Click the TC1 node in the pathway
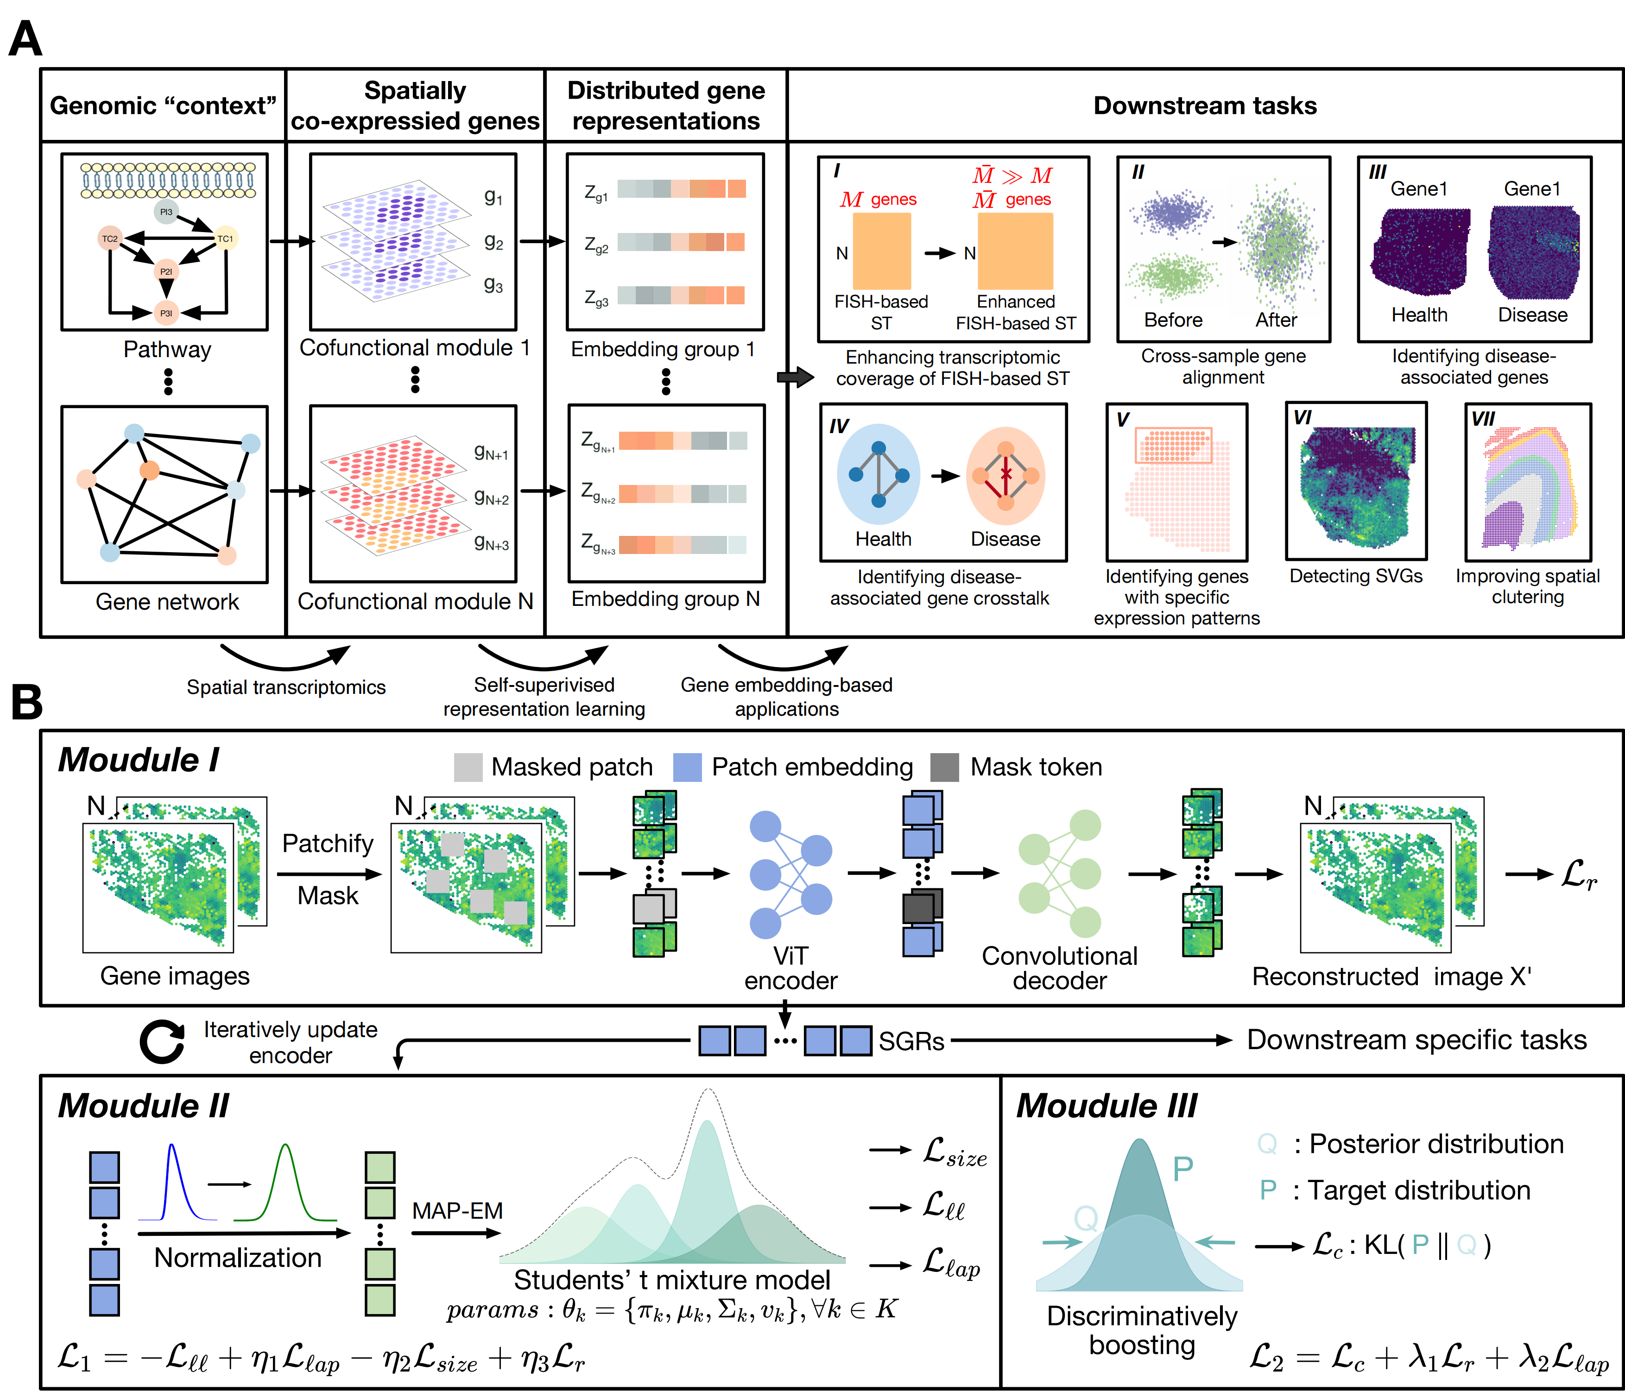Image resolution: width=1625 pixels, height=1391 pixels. point(225,239)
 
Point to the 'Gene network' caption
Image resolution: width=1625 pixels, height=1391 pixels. point(167,601)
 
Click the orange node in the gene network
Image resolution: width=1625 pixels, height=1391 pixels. point(149,471)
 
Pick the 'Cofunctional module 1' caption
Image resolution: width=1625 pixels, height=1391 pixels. point(415,347)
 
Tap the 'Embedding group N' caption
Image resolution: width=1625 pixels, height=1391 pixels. point(665,599)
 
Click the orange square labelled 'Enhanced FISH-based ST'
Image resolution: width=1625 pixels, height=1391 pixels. point(1016,252)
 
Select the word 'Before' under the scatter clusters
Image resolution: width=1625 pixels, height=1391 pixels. point(1173,320)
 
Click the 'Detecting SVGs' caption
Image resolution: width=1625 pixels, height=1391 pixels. point(1356,576)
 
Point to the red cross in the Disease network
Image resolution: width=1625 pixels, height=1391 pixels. point(1006,474)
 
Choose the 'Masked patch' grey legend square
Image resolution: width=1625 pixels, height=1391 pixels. point(468,767)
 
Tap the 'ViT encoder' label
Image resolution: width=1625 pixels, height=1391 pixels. point(790,969)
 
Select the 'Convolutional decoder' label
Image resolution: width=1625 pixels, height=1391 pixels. point(1060,969)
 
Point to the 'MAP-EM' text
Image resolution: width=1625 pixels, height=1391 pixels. point(458,1211)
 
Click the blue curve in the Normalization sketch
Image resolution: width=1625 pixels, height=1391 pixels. point(172,1176)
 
